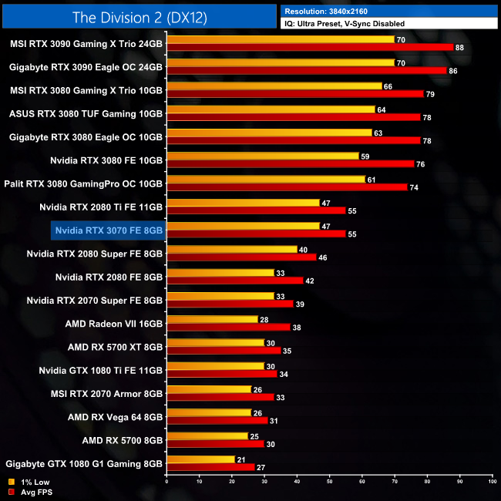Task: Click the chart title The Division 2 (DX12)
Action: click(x=139, y=16)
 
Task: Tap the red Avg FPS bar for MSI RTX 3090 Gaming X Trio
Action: click(x=309, y=47)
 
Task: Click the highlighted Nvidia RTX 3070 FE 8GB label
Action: click(x=109, y=229)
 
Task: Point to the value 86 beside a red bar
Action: click(x=452, y=70)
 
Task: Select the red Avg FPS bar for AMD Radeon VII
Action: click(x=228, y=327)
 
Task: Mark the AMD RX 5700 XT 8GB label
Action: click(x=116, y=348)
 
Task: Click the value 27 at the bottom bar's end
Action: click(x=260, y=467)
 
